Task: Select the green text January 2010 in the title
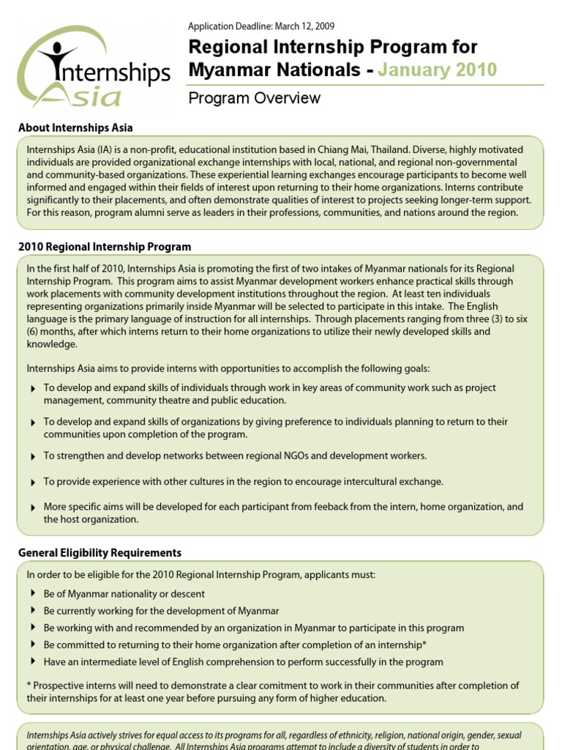[x=438, y=70]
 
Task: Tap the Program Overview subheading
[x=255, y=98]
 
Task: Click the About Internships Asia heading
[x=75, y=127]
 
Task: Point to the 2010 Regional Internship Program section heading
[x=105, y=247]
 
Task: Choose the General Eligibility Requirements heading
[x=100, y=553]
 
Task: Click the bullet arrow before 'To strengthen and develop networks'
[x=33, y=457]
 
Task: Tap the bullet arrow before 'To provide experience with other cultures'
[x=33, y=483]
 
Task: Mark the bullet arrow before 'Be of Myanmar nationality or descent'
[x=33, y=593]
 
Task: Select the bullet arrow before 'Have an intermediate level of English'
[x=33, y=661]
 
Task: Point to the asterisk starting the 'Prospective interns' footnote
[x=29, y=686]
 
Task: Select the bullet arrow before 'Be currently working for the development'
[x=33, y=611]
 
